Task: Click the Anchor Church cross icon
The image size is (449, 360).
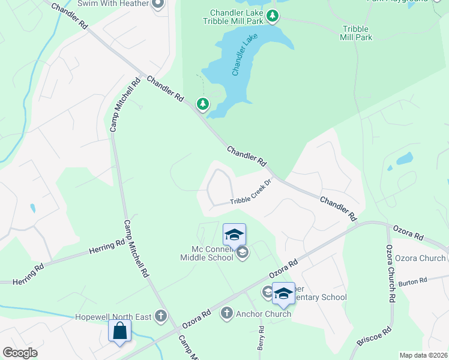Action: click(226, 313)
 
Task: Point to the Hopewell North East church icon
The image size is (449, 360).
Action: click(160, 315)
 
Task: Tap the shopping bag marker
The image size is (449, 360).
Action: click(119, 331)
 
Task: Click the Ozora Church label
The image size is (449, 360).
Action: click(424, 258)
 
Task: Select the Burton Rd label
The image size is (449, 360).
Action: click(412, 280)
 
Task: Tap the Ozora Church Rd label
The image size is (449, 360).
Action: click(390, 273)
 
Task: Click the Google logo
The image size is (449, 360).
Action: click(20, 353)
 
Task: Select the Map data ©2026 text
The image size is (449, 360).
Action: click(423, 355)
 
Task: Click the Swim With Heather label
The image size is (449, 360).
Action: click(121, 4)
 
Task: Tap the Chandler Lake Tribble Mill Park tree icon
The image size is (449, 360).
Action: click(273, 16)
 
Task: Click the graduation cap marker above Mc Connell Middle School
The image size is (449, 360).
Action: click(234, 233)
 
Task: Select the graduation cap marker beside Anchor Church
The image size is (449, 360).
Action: click(283, 293)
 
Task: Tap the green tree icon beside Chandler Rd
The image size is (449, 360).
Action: click(203, 104)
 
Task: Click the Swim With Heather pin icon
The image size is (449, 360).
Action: click(158, 4)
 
